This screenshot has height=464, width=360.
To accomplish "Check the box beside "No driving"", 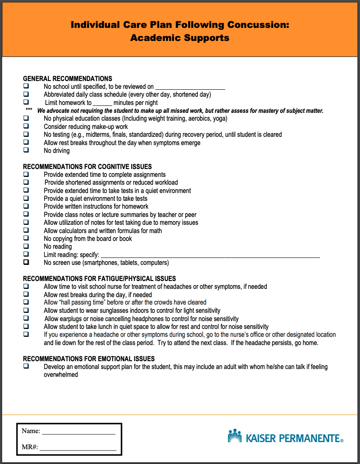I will click(x=26, y=150).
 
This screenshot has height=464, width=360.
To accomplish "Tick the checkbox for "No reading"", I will click(x=26, y=247).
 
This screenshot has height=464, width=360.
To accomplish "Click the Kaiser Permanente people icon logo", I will click(x=234, y=436).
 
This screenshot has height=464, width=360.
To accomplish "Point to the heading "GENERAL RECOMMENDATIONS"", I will click(x=68, y=79).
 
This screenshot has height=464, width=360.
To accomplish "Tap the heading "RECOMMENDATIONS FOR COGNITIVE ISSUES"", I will click(x=87, y=167).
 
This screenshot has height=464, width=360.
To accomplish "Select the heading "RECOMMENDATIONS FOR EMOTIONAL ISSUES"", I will click(x=88, y=359).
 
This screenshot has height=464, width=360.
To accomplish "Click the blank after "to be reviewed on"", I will click(x=190, y=87).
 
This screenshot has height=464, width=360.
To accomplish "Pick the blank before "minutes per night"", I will click(x=102, y=103).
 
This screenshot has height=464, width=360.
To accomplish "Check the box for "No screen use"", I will click(x=26, y=263).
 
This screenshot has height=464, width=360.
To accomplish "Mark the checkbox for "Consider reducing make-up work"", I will click(x=26, y=126).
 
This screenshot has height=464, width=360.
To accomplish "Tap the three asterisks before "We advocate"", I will click(x=29, y=111).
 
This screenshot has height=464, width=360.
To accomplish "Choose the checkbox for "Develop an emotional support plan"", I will click(x=26, y=367).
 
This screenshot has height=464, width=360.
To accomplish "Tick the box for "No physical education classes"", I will click(x=26, y=119).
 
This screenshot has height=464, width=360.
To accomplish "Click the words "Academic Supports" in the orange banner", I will click(x=180, y=38).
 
